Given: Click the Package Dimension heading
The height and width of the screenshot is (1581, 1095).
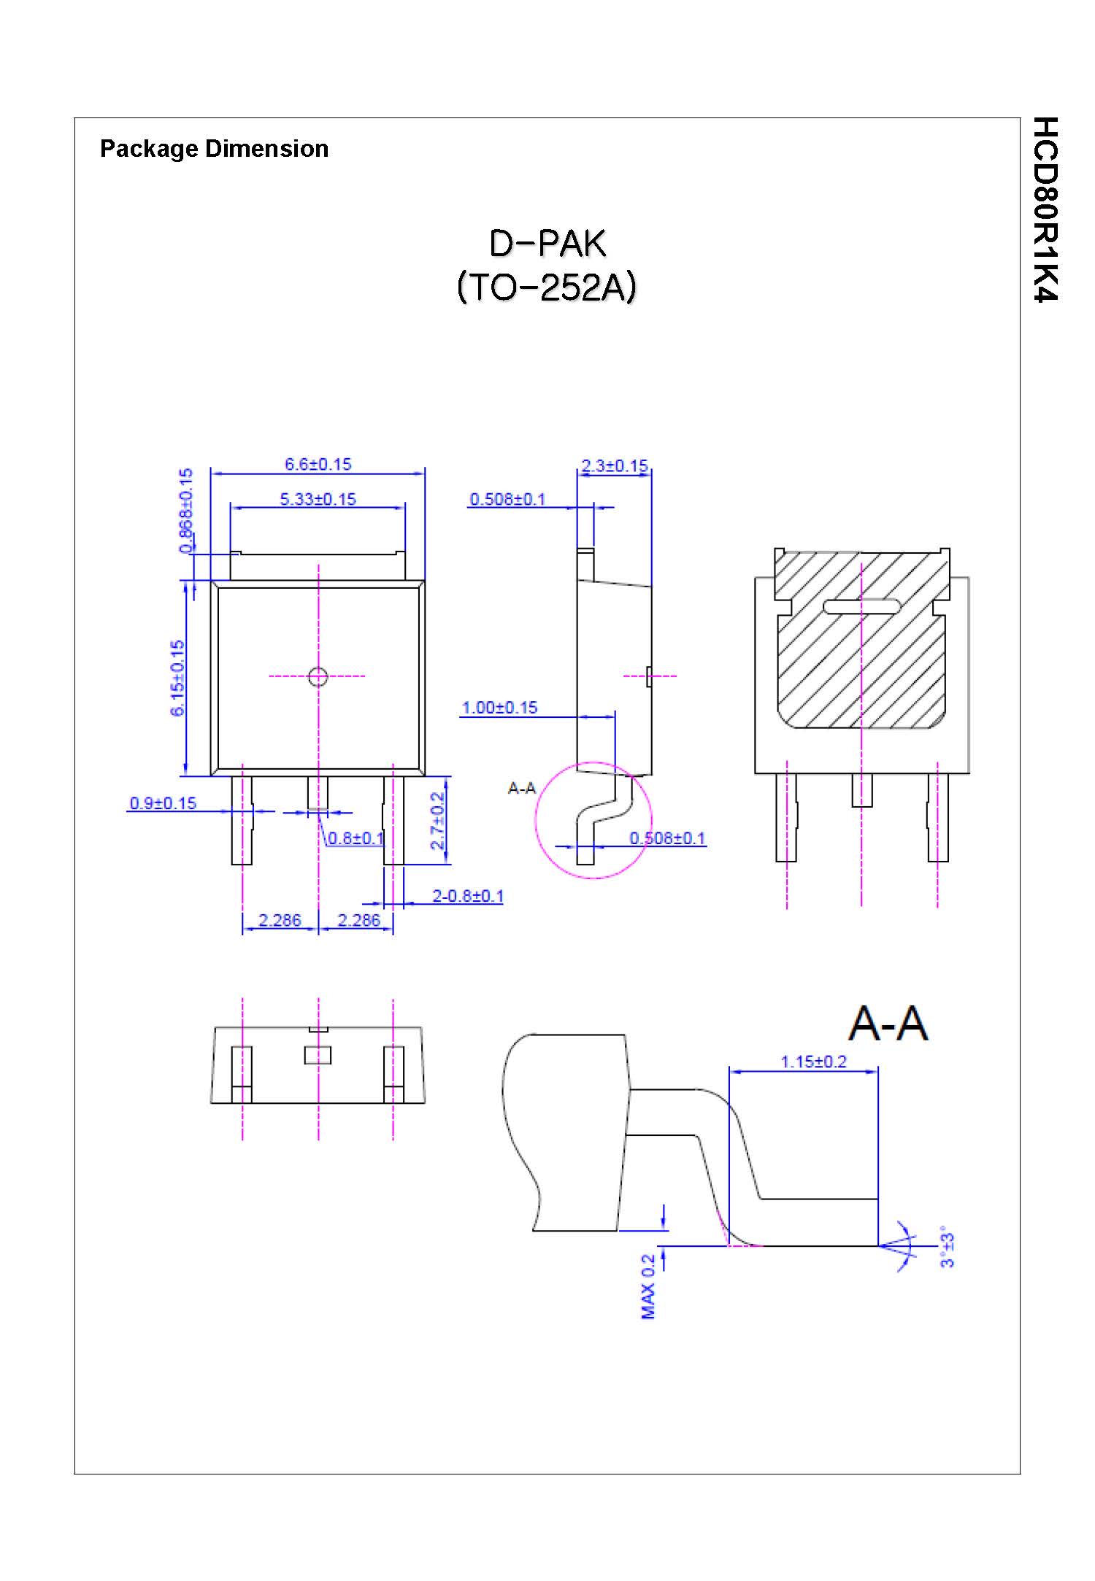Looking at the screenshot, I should click(214, 149).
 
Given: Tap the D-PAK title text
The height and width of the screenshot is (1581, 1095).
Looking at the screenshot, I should click(547, 244).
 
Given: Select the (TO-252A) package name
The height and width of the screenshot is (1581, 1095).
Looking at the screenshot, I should click(546, 287).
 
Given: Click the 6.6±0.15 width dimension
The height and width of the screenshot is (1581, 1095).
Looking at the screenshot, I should click(318, 464).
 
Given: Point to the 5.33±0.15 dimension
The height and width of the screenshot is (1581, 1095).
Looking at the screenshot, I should click(318, 499).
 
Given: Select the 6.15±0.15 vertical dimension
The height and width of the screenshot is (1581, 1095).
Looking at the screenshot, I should click(177, 678).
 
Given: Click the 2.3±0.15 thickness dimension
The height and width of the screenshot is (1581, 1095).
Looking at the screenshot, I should click(614, 465).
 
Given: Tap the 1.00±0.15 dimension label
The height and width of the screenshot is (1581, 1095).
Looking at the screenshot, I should click(499, 708).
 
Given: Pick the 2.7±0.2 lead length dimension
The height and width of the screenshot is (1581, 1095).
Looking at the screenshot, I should click(437, 821).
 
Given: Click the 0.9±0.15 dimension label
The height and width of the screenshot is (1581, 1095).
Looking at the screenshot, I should click(163, 803).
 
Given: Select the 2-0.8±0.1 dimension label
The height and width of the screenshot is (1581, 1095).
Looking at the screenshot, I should click(467, 896).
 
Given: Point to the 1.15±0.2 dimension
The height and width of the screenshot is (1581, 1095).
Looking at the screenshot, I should click(813, 1062).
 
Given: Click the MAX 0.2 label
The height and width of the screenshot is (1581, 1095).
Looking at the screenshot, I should click(648, 1286).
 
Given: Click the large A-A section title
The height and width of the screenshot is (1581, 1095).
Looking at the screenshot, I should click(888, 1024).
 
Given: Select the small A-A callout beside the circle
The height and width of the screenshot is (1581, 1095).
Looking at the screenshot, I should click(521, 788).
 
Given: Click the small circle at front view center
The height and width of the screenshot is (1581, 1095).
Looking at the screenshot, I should click(318, 677).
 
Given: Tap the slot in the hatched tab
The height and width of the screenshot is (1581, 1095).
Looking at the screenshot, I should click(861, 606).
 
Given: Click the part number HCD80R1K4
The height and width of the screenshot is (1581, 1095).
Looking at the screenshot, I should click(1045, 209).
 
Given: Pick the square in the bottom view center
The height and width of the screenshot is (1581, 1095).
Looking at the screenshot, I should click(318, 1055).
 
